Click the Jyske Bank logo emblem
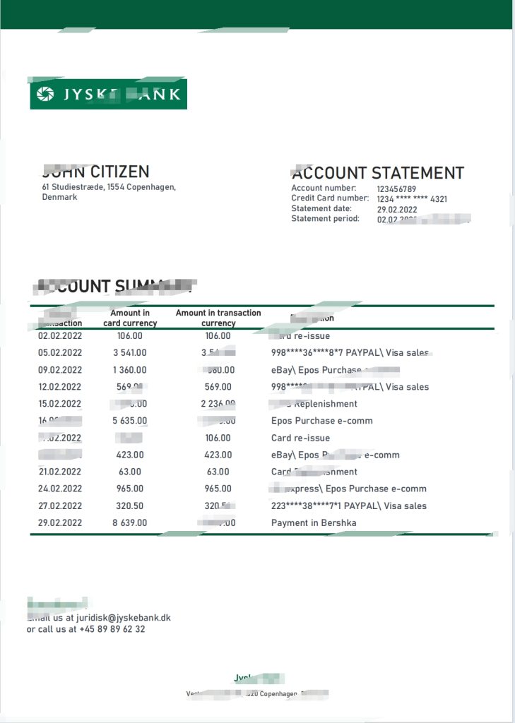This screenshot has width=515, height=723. [45, 94]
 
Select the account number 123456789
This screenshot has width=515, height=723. [396, 189]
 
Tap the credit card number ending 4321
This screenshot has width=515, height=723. [412, 199]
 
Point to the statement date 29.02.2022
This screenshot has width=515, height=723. [397, 210]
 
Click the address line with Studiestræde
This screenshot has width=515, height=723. [109, 187]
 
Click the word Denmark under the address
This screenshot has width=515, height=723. [60, 197]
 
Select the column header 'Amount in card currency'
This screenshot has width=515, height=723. [130, 318]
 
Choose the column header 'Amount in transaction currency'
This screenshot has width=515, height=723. [218, 318]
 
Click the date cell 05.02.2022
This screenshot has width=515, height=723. [60, 353]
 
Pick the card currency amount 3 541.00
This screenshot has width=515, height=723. [130, 353]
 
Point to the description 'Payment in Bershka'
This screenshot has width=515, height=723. [314, 522]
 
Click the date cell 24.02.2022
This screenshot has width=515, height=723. [60, 489]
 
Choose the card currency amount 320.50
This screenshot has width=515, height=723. [130, 506]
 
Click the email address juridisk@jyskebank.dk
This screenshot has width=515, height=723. [128, 618]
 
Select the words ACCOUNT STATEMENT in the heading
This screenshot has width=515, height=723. [379, 173]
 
